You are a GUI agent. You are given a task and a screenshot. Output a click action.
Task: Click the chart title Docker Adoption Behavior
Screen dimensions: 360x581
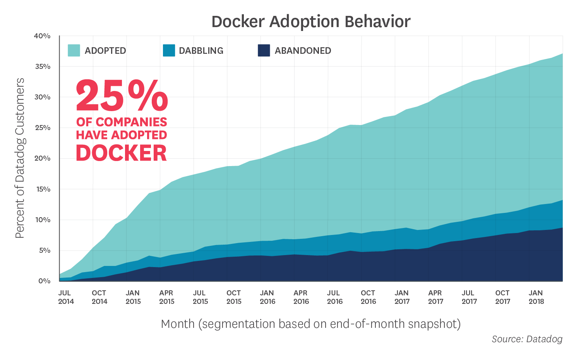tap(311, 22)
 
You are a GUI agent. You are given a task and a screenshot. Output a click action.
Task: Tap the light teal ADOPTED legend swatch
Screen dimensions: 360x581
tap(74, 51)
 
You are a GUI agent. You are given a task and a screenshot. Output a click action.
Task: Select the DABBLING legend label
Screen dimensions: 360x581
tap(201, 51)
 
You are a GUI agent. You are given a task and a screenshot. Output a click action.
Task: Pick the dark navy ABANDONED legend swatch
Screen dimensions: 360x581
tap(264, 51)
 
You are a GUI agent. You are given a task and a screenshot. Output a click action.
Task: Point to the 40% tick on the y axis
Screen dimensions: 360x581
tap(42, 36)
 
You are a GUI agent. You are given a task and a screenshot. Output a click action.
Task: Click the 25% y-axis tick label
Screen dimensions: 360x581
tap(42, 128)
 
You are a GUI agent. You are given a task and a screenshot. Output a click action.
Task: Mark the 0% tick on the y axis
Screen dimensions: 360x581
tap(44, 281)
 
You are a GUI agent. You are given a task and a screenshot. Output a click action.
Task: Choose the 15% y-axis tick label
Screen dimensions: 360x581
tap(42, 189)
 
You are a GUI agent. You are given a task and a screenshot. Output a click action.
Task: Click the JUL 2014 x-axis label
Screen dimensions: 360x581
tap(66, 297)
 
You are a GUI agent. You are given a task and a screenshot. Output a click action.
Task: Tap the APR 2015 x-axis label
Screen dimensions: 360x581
tap(166, 297)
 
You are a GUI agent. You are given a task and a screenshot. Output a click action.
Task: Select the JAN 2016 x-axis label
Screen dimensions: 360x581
tap(267, 297)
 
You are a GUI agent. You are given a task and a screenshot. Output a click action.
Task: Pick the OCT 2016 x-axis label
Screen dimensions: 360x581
tap(368, 297)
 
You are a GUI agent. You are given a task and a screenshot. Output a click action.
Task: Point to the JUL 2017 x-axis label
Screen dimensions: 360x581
tap(469, 297)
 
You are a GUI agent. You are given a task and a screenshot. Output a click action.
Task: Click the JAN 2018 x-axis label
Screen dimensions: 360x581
tap(536, 297)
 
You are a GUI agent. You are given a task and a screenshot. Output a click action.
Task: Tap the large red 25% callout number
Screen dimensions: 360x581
tap(122, 96)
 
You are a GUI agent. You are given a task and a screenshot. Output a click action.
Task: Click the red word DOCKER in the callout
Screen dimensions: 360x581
tap(122, 153)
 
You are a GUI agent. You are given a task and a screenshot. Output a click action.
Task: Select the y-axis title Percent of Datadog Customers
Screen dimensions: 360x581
tap(20, 158)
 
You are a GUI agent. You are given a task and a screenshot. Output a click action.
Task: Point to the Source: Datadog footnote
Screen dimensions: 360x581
tap(527, 339)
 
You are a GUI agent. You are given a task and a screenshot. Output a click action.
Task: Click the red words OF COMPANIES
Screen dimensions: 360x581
tap(122, 122)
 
